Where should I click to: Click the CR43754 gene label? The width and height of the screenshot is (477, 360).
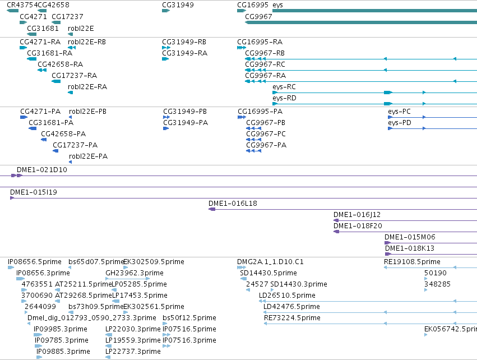22,5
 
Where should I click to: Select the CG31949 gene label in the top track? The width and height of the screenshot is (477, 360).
178,5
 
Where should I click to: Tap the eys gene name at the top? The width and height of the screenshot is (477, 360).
277,5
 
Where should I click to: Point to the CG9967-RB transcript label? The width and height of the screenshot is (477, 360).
265,53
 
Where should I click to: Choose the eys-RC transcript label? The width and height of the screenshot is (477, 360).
284,87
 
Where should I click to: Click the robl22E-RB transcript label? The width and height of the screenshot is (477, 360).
87,41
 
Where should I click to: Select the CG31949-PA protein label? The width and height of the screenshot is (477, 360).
186,123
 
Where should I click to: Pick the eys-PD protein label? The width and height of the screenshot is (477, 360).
400,123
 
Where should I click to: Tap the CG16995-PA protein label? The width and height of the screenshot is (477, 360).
260,112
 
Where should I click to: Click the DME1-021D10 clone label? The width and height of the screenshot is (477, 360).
42,169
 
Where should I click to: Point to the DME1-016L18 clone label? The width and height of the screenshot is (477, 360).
233,204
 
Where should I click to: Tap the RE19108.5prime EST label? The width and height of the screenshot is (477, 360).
412,262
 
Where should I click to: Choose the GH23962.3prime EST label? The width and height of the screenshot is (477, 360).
135,273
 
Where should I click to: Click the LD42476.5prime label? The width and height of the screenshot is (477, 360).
291,306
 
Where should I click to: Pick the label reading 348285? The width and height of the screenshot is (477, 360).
437,284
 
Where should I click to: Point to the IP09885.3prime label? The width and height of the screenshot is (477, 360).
63,352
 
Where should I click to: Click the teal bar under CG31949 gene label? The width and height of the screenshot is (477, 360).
166,11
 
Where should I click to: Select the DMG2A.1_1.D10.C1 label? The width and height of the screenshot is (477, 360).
270,262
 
